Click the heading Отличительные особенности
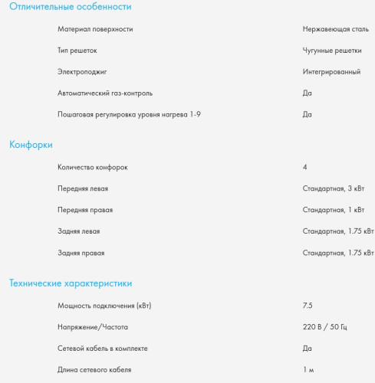pos(70,7)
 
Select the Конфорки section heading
pos(31,144)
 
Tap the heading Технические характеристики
pos(71,283)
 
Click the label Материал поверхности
pos(95,29)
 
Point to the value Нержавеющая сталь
pos(336,29)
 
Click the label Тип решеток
pos(77,51)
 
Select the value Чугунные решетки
pos(332,51)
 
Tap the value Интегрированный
pos(331,72)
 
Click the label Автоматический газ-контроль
pos(105,93)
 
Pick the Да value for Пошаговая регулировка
pos(308,115)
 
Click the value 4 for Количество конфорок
pos(305,167)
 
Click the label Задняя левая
pos(79,231)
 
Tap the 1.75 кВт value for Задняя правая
pos(338,253)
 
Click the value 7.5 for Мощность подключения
pos(308,306)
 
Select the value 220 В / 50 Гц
pos(325,327)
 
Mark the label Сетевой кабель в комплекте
pos(103,349)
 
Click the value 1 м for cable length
pos(308,370)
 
